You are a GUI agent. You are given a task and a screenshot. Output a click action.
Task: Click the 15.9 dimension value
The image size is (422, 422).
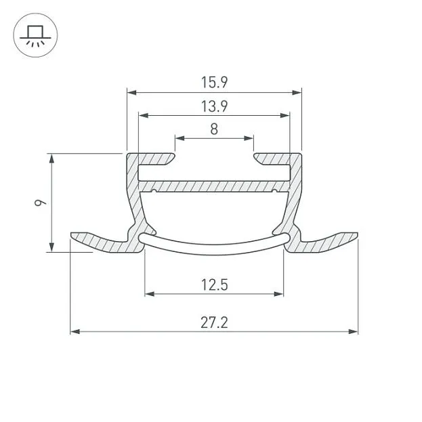click(x=214, y=83)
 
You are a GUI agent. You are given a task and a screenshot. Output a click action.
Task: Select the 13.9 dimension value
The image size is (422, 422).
click(x=214, y=106)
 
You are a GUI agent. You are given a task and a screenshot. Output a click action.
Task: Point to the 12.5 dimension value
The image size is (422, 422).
click(x=214, y=284)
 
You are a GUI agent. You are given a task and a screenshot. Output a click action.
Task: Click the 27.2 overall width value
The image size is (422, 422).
click(x=214, y=322)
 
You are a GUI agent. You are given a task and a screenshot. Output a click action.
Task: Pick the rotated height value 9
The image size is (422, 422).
click(x=41, y=202)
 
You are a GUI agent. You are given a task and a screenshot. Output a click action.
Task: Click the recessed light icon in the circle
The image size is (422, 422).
click(x=35, y=36)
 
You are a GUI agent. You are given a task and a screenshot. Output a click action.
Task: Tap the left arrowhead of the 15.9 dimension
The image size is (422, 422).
click(x=131, y=93)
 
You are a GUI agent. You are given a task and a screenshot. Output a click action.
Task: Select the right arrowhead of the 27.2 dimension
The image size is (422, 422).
click(x=353, y=332)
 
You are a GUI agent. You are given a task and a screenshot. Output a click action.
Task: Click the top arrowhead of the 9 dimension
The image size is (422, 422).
click(x=51, y=159)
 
